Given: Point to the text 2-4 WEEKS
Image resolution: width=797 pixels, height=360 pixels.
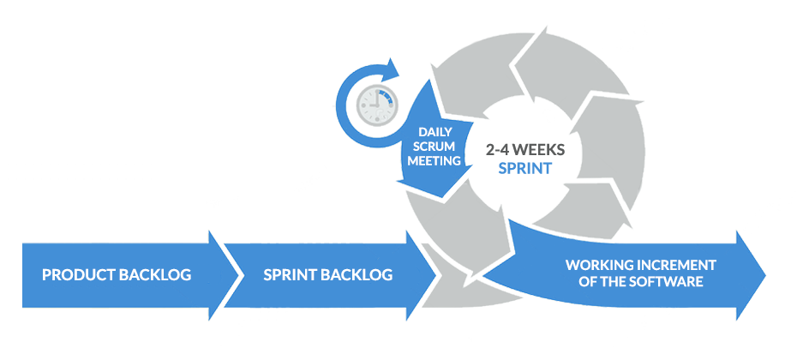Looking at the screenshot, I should coord(525,148).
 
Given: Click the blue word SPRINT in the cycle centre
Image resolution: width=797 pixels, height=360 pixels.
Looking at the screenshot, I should coord(525,167).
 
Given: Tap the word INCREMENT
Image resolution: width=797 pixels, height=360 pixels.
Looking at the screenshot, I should coord(675,265).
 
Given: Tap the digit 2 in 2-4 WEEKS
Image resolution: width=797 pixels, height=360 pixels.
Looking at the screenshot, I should coord(489,148).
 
